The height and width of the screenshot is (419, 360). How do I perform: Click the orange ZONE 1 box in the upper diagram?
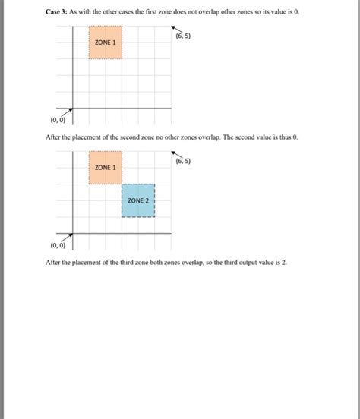coord(105,43)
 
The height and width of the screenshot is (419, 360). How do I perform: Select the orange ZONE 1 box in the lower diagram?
coord(105,168)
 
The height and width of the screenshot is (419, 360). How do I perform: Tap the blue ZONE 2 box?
coord(138,200)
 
